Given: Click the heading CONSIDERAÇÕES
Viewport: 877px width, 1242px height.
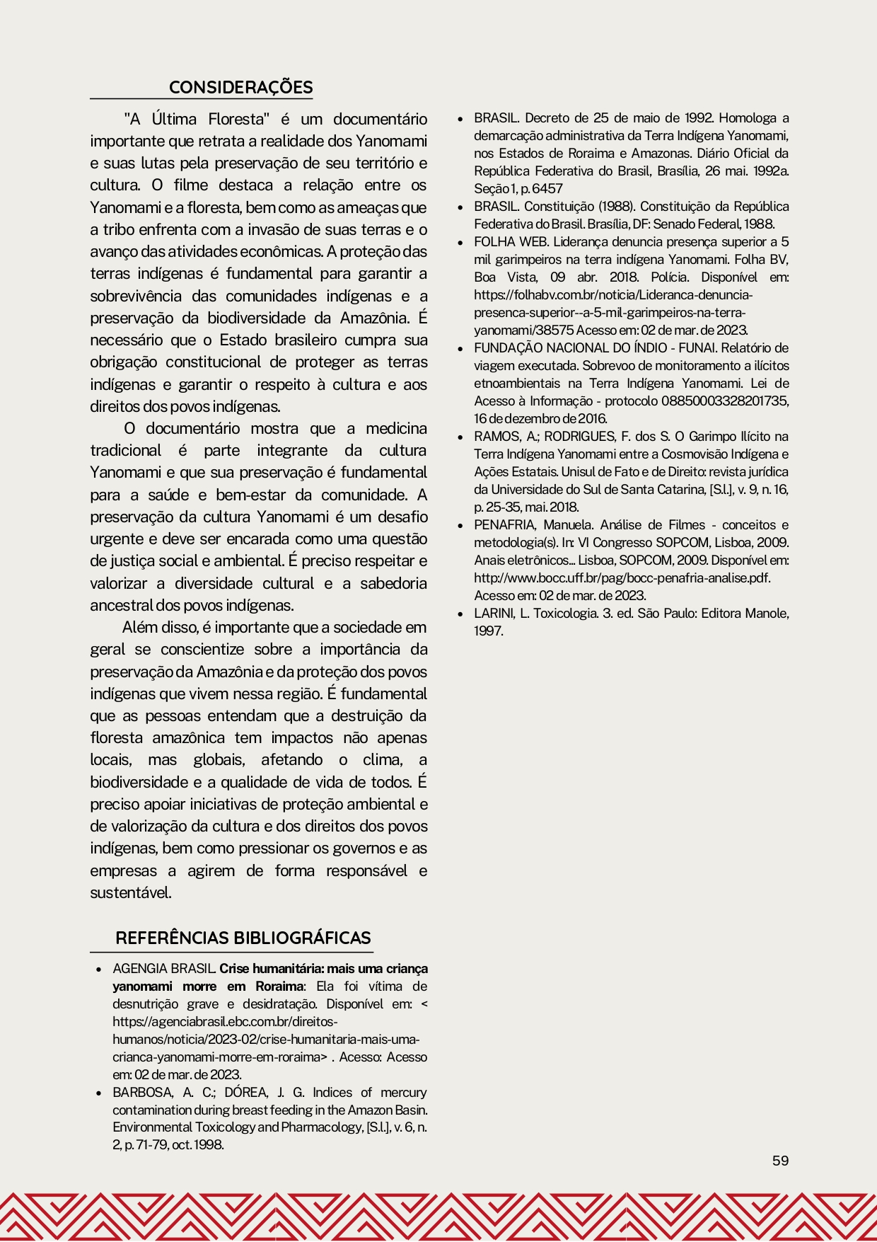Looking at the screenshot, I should pyautogui.click(x=240, y=87).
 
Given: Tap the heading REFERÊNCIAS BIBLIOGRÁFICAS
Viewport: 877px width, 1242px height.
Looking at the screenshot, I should pyautogui.click(x=243, y=938).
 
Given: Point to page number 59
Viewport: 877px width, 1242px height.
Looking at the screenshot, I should pyautogui.click(x=780, y=1161).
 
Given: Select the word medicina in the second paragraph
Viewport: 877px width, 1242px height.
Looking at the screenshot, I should pyautogui.click(x=396, y=428).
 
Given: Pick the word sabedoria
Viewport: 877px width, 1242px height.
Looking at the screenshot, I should pyautogui.click(x=393, y=583).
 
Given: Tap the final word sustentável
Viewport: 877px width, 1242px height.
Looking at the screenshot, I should pyautogui.click(x=131, y=892).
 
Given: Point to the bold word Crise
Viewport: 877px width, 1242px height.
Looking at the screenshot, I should pyautogui.click(x=234, y=968).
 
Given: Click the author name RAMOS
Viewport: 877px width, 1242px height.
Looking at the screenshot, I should pyautogui.click(x=496, y=436).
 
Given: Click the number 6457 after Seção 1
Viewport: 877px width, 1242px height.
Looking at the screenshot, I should pyautogui.click(x=547, y=188).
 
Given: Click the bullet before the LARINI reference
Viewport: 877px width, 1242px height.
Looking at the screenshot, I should pyautogui.click(x=460, y=614).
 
